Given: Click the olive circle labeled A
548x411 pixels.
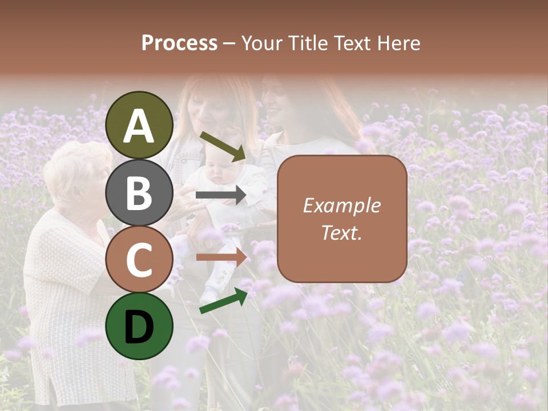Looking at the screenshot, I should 139,125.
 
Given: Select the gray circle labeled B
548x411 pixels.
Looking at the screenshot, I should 139,192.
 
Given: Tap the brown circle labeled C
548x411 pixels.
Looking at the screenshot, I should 139,259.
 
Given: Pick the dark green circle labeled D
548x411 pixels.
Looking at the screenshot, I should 139,327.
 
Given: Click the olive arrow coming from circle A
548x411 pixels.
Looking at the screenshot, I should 223,146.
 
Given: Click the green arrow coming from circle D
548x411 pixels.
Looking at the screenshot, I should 223,301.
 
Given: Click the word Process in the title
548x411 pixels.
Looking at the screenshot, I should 179,43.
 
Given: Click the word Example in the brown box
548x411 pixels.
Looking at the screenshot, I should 341,205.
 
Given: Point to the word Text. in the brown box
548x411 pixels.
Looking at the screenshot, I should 341,232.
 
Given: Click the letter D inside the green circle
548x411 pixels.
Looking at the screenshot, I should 139,327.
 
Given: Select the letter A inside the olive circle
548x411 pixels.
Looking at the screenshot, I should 139,126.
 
